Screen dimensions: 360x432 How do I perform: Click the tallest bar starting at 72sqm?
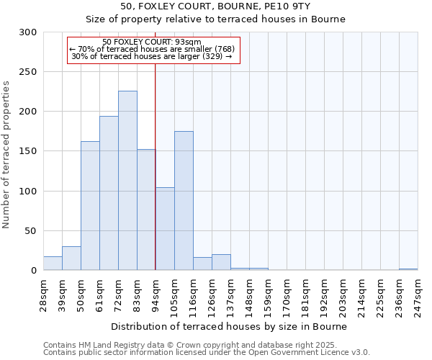click(127, 181)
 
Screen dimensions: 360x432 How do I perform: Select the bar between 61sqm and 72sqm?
click(109, 193)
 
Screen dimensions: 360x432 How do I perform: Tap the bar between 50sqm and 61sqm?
click(90, 206)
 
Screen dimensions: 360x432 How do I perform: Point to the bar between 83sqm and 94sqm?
click(146, 210)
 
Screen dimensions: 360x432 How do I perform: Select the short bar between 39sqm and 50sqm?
click(71, 258)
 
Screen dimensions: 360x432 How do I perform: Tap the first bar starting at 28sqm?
click(53, 264)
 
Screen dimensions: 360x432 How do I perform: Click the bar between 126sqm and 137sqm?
click(221, 262)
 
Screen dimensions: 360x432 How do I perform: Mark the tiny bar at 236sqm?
click(408, 269)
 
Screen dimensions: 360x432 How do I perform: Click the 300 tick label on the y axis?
click(28, 32)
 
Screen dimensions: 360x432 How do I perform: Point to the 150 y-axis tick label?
click(28, 151)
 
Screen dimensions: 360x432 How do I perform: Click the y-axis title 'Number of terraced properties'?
click(7, 155)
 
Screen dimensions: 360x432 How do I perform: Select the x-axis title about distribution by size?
click(230, 327)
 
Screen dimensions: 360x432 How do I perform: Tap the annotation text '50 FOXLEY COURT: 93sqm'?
click(152, 42)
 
